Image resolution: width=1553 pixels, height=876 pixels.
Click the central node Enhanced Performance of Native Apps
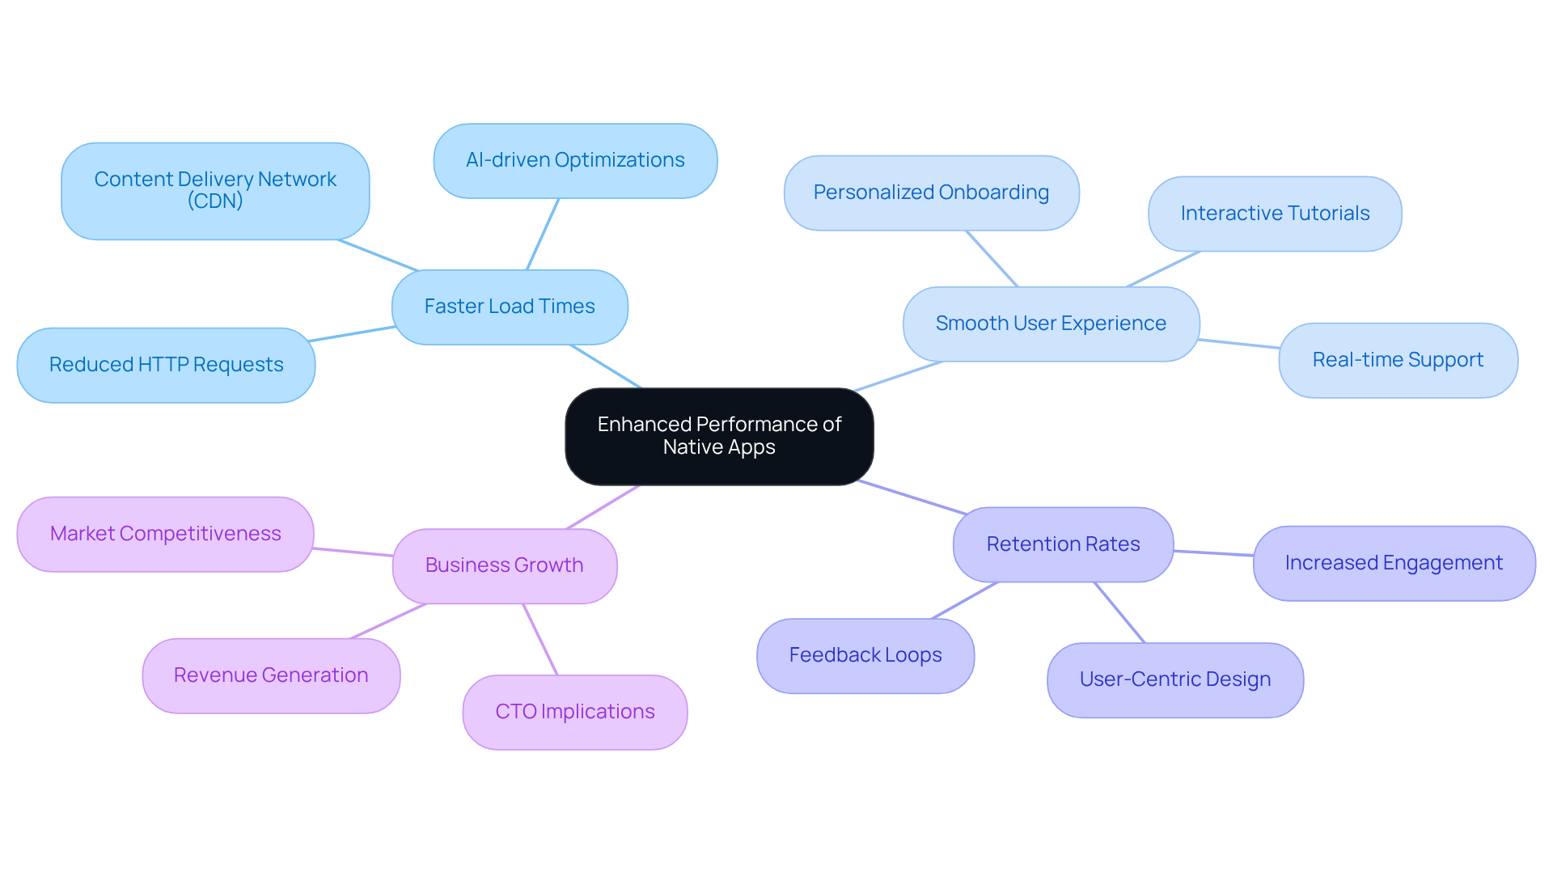[x=719, y=436]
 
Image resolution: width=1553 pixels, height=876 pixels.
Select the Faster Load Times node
[x=510, y=307]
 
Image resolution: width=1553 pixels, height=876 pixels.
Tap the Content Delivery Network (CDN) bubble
[x=215, y=191]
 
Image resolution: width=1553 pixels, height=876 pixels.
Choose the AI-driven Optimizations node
[x=575, y=160]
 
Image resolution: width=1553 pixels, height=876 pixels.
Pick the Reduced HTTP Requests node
[x=166, y=365]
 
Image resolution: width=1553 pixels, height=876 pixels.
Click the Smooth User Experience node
[x=1051, y=324]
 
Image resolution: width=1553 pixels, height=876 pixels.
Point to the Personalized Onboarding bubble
[x=931, y=193]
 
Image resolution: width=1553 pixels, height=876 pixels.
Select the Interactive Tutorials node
[x=1275, y=214]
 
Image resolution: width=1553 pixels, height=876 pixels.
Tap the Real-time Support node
[x=1398, y=360]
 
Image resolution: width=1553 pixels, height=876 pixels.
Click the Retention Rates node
[x=1063, y=544]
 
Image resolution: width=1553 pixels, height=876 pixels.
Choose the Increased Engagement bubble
[x=1394, y=563]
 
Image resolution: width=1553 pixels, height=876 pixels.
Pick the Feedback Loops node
[x=865, y=655]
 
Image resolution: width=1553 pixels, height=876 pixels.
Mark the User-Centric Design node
[x=1174, y=679]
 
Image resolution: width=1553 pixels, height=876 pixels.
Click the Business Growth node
[x=504, y=565]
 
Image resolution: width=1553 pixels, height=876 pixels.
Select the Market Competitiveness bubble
[x=165, y=534]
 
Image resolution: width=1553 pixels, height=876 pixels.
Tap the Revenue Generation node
[x=271, y=675]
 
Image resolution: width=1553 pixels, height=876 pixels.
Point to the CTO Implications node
[x=574, y=712]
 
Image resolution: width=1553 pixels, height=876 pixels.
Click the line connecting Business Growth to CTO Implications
[x=540, y=639]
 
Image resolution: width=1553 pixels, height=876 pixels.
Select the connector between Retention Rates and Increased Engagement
[x=1213, y=553]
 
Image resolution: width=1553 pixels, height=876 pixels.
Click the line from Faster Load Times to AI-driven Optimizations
[x=543, y=234]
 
